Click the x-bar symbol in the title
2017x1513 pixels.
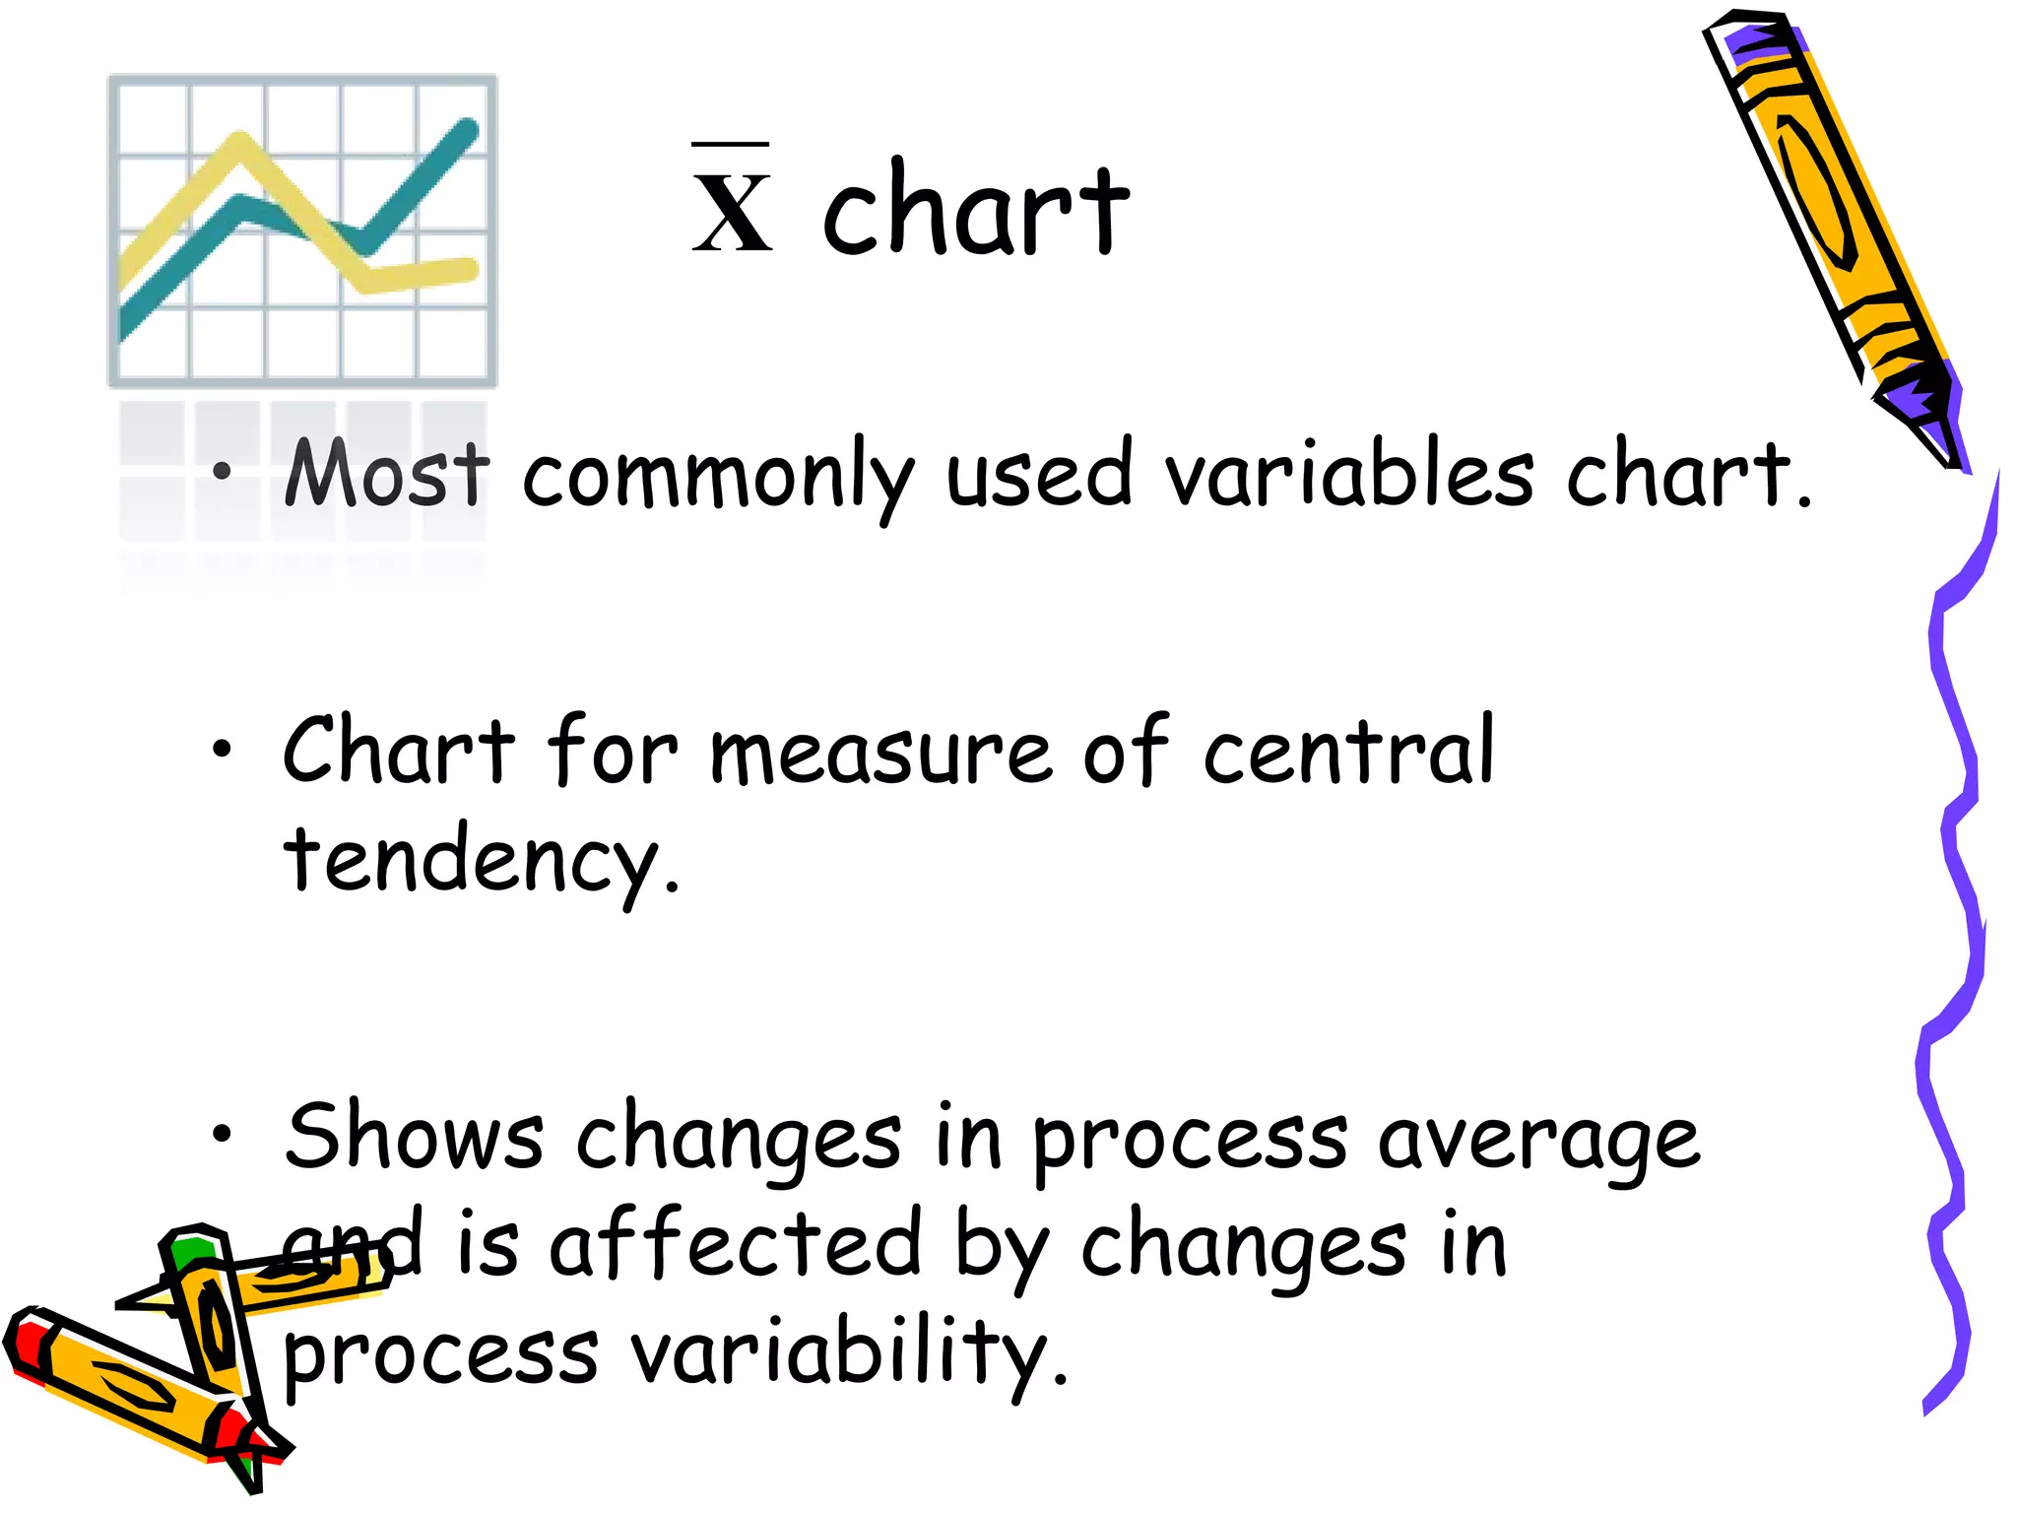pyautogui.click(x=732, y=202)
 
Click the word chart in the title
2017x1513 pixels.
pyautogui.click(x=975, y=210)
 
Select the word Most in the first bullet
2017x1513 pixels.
pyautogui.click(x=386, y=475)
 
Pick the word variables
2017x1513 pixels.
pyautogui.click(x=1348, y=475)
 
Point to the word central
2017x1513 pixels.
pyautogui.click(x=1348, y=752)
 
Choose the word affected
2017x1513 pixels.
pyautogui.click(x=734, y=1244)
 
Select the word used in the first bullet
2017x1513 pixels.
pyautogui.click(x=1039, y=477)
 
